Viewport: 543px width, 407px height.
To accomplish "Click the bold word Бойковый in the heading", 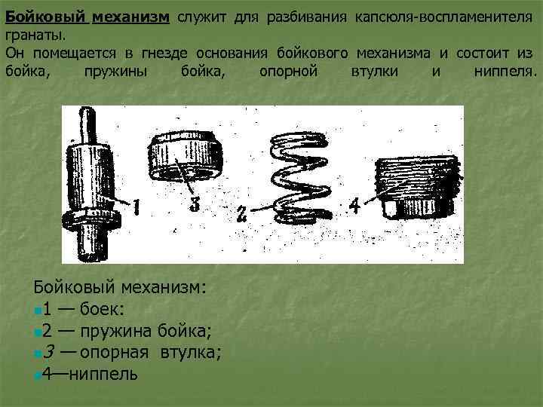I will (x=45, y=17).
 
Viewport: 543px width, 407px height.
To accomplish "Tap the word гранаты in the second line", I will (x=32, y=35).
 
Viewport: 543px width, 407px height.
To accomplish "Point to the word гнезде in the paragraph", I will (x=159, y=53).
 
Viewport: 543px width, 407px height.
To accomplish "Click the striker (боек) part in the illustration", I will (x=90, y=188).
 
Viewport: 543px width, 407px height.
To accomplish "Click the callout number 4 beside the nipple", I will (x=353, y=204).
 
